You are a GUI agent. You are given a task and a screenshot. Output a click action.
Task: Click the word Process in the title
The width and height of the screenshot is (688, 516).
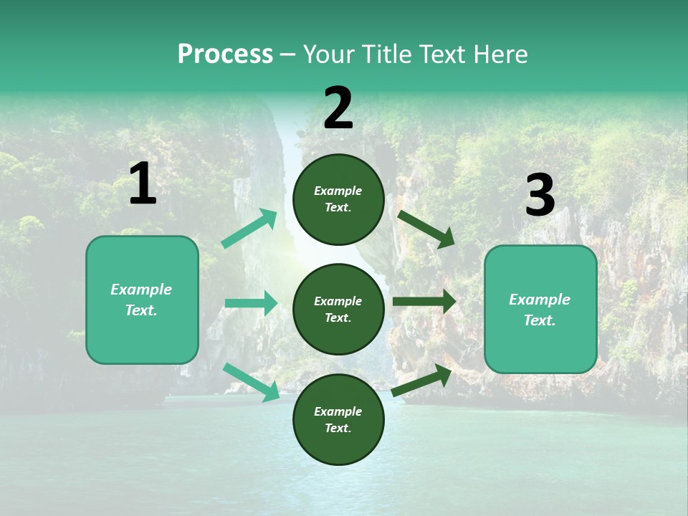pyautogui.click(x=225, y=54)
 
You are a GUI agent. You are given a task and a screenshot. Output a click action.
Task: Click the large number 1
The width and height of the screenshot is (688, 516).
pyautogui.click(x=143, y=184)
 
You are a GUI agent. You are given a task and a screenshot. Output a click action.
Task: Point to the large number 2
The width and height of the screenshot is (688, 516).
pyautogui.click(x=338, y=109)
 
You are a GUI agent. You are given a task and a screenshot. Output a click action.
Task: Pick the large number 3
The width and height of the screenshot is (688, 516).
pyautogui.click(x=540, y=196)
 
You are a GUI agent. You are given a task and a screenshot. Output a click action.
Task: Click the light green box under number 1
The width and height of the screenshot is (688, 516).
pyautogui.click(x=142, y=300)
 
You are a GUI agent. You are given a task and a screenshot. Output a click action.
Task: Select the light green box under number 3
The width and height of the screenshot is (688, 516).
pyautogui.click(x=540, y=310)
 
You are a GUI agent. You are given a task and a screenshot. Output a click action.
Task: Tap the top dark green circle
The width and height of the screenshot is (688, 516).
pyautogui.click(x=338, y=199)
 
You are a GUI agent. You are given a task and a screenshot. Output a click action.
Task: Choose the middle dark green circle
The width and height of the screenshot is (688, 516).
pyautogui.click(x=338, y=309)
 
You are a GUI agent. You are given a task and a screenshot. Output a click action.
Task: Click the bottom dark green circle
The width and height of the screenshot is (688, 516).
pyautogui.click(x=338, y=419)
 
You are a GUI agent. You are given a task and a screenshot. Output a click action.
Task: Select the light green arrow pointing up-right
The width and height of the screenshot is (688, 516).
pyautogui.click(x=249, y=229)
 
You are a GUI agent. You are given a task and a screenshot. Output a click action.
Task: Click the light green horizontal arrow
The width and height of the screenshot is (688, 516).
pyautogui.click(x=251, y=303)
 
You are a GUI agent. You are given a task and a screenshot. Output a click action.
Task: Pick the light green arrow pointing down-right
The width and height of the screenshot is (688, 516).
pyautogui.click(x=251, y=382)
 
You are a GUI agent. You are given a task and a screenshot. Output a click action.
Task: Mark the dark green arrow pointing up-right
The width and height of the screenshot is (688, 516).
pyautogui.click(x=421, y=381)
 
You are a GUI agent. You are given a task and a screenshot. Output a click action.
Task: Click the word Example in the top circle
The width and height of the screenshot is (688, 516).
pyautogui.click(x=338, y=191)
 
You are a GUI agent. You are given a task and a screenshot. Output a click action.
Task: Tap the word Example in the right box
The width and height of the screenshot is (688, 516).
pyautogui.click(x=540, y=300)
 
